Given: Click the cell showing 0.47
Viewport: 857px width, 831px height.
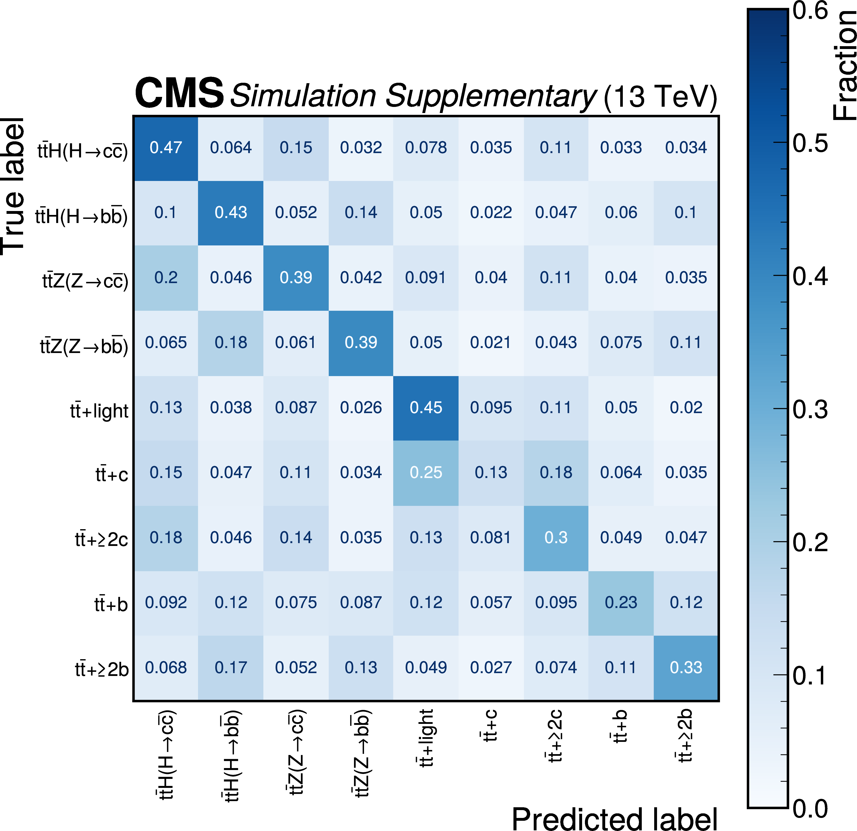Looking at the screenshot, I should coord(166,148).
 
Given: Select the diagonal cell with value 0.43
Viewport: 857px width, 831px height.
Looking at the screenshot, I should coord(231,213).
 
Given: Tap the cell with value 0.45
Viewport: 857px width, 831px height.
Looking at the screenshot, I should coord(426,408).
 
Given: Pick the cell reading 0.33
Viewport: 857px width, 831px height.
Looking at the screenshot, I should coord(686,667).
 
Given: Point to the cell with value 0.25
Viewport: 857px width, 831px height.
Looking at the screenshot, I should coord(426,473).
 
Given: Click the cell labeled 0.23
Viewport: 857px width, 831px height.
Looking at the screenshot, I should coord(621,603).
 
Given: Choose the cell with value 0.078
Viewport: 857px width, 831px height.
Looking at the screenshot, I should coord(426,148).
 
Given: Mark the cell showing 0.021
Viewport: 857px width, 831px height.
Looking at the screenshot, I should coord(491,343).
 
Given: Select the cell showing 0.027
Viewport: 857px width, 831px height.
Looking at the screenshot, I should coord(491,667).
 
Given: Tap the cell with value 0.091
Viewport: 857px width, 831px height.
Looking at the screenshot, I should coord(426,278).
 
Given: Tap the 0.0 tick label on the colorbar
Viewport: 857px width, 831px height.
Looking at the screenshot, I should coord(810,809).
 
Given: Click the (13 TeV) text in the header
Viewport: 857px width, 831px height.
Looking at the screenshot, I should coord(660,97).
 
